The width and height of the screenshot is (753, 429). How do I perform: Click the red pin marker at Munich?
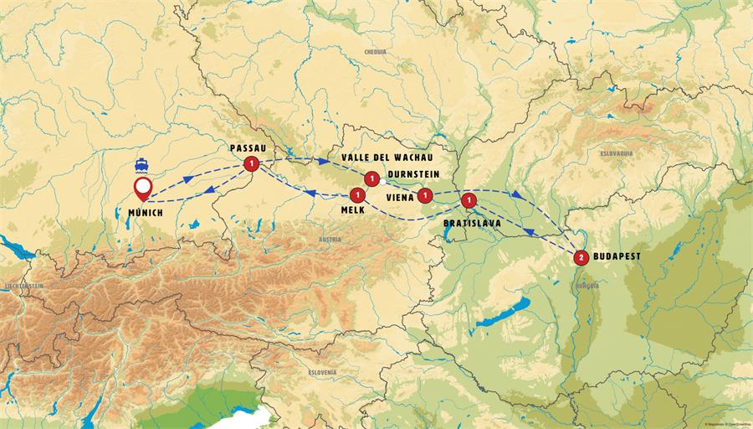[144, 188]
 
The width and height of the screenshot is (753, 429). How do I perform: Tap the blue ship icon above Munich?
[144, 163]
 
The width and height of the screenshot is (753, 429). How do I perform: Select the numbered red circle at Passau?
[250, 164]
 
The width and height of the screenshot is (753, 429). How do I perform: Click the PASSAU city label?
[247, 147]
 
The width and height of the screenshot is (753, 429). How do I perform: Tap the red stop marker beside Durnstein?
[371, 178]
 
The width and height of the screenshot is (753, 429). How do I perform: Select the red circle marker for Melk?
[358, 195]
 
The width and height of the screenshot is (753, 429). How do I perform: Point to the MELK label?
[352, 210]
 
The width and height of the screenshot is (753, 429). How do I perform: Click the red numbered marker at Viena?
[425, 196]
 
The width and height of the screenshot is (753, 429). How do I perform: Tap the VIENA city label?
[400, 198]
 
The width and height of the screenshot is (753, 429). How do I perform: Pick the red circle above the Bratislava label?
[469, 201]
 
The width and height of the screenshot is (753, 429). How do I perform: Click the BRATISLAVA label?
[471, 225]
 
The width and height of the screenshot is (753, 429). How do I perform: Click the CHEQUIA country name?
[376, 52]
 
